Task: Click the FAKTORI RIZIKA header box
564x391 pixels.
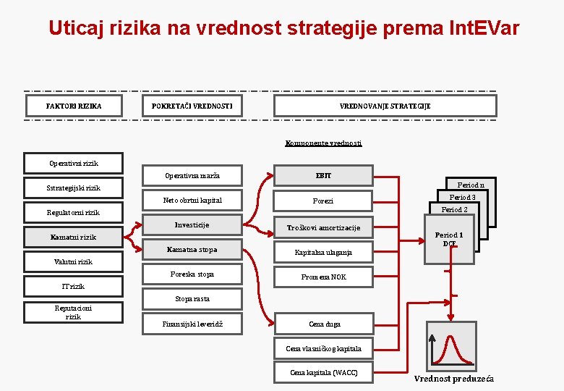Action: [x=74, y=106]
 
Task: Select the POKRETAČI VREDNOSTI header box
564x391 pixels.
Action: [x=192, y=106]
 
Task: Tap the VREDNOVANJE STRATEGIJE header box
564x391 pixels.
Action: [x=385, y=106]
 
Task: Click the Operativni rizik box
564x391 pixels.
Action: [x=73, y=164]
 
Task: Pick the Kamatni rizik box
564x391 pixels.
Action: [x=73, y=237]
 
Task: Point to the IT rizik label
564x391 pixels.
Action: [x=73, y=286]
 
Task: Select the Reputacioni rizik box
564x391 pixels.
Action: [x=73, y=312]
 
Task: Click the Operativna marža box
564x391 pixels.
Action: [x=192, y=176]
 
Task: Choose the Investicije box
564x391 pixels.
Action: [x=192, y=225]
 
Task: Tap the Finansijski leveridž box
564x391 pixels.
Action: [x=192, y=324]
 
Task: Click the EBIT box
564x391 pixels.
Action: [x=323, y=175]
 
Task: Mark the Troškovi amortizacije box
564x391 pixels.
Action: [x=323, y=227]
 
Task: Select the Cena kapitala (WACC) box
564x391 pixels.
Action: [x=323, y=372]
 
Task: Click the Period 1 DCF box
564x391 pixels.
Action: [x=448, y=239]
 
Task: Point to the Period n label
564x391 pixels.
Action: [x=471, y=185]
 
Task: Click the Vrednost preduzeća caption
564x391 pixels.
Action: [x=454, y=379]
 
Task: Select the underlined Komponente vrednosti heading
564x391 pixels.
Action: [x=323, y=143]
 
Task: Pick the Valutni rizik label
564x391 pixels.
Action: [x=73, y=261]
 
